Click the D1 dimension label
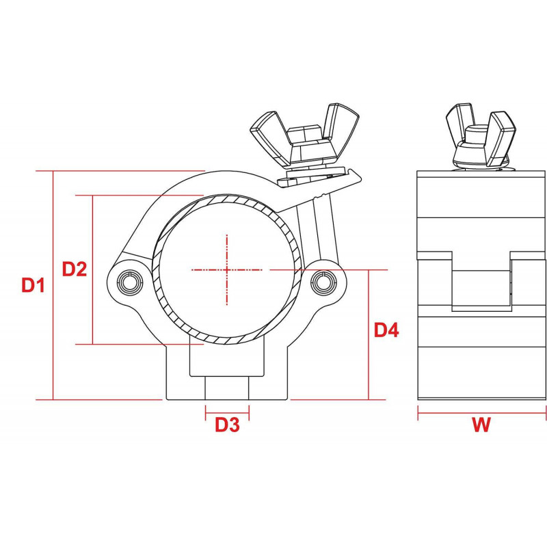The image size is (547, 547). pyautogui.click(x=32, y=284)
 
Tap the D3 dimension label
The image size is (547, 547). pyautogui.click(x=227, y=425)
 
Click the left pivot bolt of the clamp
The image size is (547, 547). pyautogui.click(x=128, y=280)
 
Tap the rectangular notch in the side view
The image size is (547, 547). pyautogui.click(x=481, y=287)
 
